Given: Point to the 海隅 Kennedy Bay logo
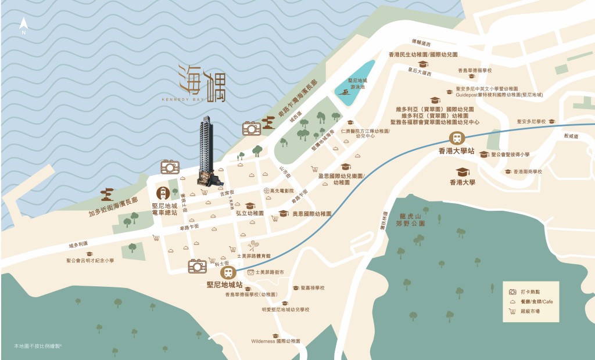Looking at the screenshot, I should pyautogui.click(x=201, y=85).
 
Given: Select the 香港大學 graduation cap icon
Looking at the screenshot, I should pyautogui.click(x=463, y=172).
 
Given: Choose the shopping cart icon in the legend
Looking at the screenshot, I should pyautogui.click(x=512, y=311).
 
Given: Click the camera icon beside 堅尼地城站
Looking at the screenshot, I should pyautogui.click(x=198, y=267).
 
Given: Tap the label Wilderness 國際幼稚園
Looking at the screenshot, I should pyautogui.click(x=275, y=341).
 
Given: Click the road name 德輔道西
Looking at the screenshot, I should pyautogui.click(x=421, y=42).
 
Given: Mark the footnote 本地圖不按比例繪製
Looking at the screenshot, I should pyautogui.click(x=38, y=346).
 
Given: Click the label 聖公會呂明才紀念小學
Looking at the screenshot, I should pyautogui.click(x=89, y=261).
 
